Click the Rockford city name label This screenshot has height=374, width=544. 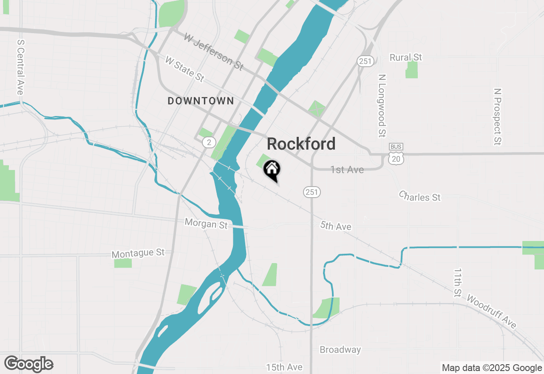pyautogui.click(x=301, y=144)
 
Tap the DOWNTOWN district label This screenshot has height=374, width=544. pyautogui.click(x=201, y=101)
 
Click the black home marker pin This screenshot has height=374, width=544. pyautogui.click(x=272, y=170)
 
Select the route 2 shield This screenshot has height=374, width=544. pyautogui.click(x=208, y=142)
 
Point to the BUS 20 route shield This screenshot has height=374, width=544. pyautogui.click(x=396, y=154)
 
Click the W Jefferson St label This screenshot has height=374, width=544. pyautogui.click(x=213, y=52)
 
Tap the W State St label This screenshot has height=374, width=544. pyautogui.click(x=184, y=69)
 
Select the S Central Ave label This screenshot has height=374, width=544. pyautogui.click(x=20, y=68)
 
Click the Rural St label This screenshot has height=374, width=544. pyautogui.click(x=406, y=57)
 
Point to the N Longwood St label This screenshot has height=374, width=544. pyautogui.click(x=382, y=106)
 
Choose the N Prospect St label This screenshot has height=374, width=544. pyautogui.click(x=498, y=116)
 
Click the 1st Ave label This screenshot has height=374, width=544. pyautogui.click(x=347, y=170)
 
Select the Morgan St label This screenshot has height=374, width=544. pyautogui.click(x=206, y=223)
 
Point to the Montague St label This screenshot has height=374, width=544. pyautogui.click(x=138, y=253)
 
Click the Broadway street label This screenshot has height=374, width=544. pyautogui.click(x=340, y=350)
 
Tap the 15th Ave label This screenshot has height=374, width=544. pyautogui.click(x=284, y=367)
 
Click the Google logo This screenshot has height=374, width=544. pyautogui.click(x=29, y=364)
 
